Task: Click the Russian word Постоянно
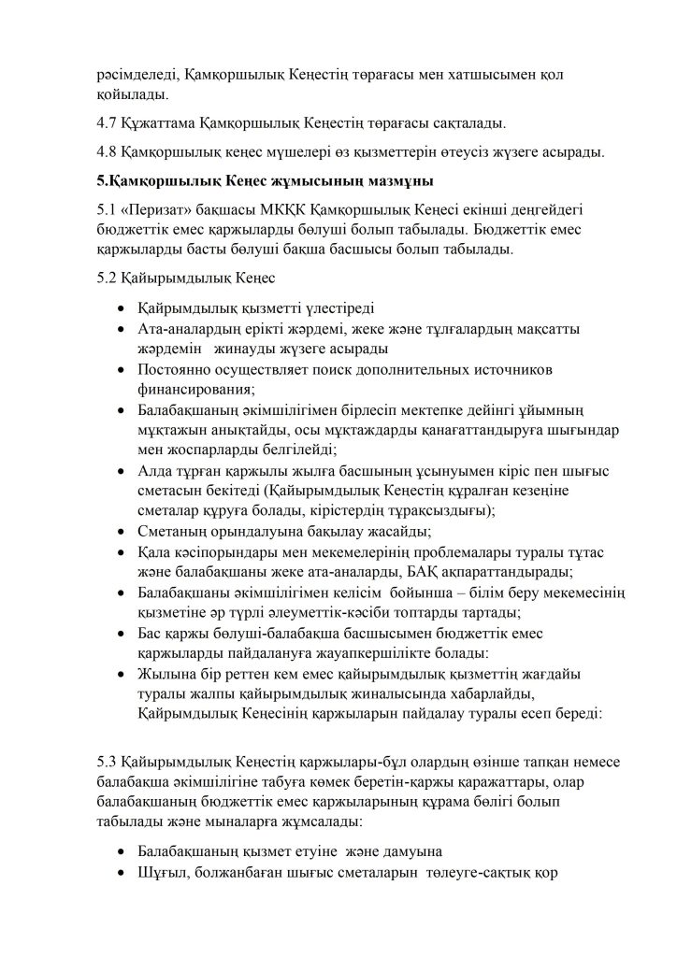pyautogui.click(x=178, y=369)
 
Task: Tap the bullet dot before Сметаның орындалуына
pyautogui.click(x=122, y=532)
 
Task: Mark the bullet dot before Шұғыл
pyautogui.click(x=122, y=874)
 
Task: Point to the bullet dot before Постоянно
pyautogui.click(x=122, y=370)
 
